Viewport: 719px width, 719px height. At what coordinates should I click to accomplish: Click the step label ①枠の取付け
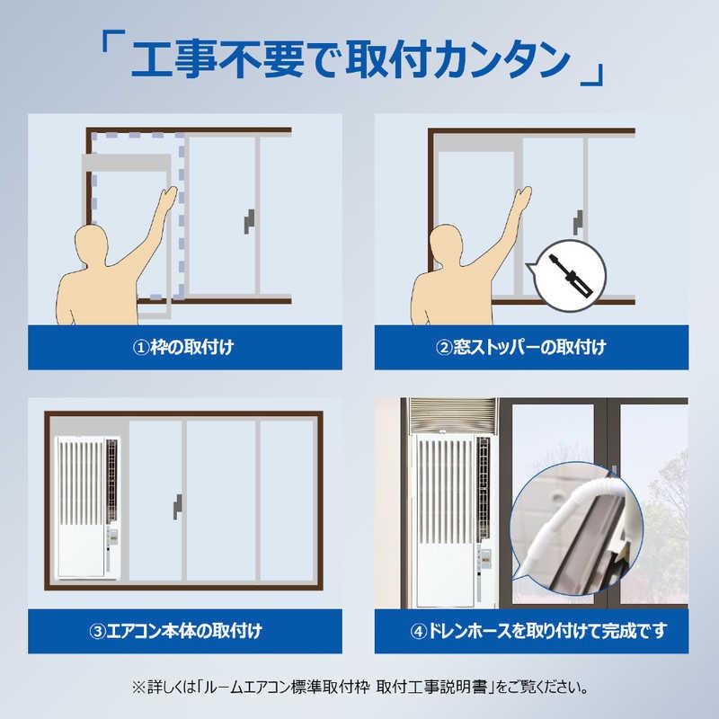coord(185,347)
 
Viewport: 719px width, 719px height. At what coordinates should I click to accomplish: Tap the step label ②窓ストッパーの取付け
coord(531,347)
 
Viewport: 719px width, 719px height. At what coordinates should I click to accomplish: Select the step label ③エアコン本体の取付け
coord(185,630)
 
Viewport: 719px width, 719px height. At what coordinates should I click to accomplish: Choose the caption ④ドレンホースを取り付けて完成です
coord(531,630)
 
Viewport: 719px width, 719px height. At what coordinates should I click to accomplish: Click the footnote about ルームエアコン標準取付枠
coord(359,688)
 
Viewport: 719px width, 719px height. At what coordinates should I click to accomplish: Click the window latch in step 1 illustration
coord(248,221)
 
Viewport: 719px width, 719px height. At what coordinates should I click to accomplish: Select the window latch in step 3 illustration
coord(178,506)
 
